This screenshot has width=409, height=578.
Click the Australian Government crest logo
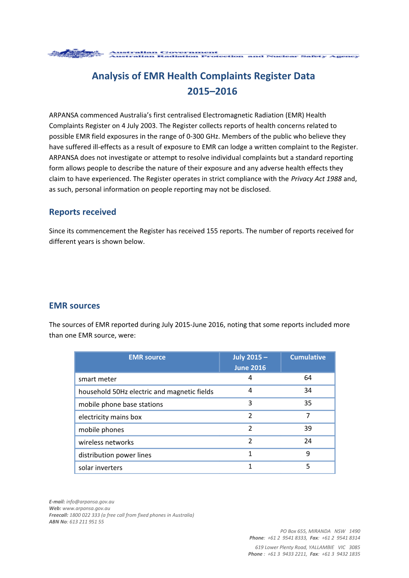click(x=75, y=54)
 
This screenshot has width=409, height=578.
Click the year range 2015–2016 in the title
click(x=212, y=91)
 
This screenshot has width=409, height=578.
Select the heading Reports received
click(x=83, y=212)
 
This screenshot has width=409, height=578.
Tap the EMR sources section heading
click(x=74, y=306)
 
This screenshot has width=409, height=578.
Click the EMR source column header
click(x=147, y=357)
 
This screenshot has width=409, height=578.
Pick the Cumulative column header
click(x=308, y=357)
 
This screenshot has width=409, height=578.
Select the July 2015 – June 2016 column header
click(x=250, y=362)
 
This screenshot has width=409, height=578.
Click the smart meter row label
click(x=97, y=379)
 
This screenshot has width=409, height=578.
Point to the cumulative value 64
click(x=308, y=378)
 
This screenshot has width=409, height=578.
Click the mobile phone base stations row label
click(x=121, y=404)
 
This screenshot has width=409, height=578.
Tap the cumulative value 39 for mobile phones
click(x=308, y=428)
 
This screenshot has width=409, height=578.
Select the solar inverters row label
click(x=100, y=467)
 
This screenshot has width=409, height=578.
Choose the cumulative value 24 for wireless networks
click(x=308, y=441)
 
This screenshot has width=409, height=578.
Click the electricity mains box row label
click(x=110, y=417)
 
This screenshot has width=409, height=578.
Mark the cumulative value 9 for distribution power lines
click(x=308, y=454)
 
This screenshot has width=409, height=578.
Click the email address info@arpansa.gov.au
click(x=90, y=501)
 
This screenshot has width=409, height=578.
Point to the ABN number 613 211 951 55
click(x=87, y=522)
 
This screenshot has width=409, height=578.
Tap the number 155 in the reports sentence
click(x=212, y=231)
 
